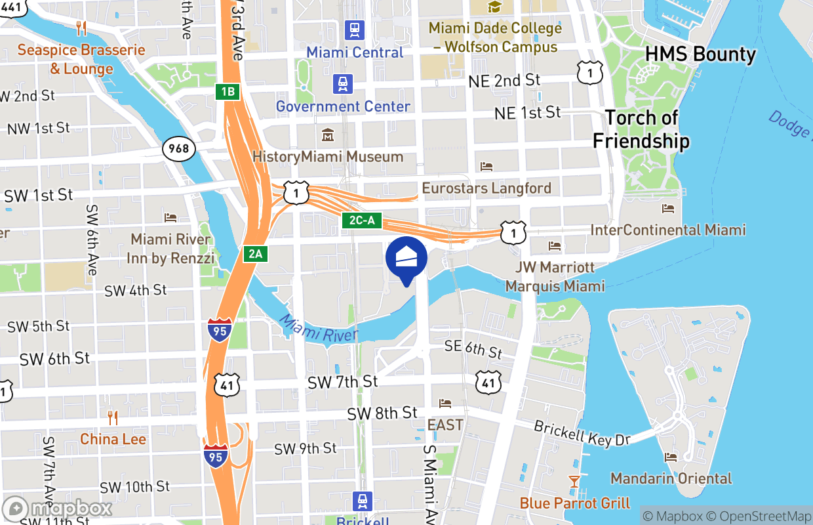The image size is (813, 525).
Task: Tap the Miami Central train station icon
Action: pyautogui.click(x=355, y=30)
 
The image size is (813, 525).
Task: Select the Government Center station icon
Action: pyautogui.click(x=342, y=84)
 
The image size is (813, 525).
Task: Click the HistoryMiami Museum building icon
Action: pyautogui.click(x=327, y=135)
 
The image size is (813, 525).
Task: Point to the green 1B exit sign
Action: pyautogui.click(x=228, y=92)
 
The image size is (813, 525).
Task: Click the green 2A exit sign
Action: pyautogui.click(x=255, y=253)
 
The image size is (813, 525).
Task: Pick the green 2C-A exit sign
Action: pyautogui.click(x=361, y=220)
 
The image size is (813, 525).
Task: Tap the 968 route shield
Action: pyautogui.click(x=178, y=148)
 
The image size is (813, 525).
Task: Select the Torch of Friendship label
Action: pyautogui.click(x=641, y=129)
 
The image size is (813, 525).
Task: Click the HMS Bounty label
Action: pyautogui.click(x=701, y=54)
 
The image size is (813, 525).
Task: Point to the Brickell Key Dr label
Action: pyautogui.click(x=582, y=434)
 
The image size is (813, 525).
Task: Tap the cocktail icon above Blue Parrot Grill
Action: pyautogui.click(x=574, y=482)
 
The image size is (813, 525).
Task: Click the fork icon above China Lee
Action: pyautogui.click(x=113, y=417)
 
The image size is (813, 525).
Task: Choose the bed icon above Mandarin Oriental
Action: pyautogui.click(x=670, y=457)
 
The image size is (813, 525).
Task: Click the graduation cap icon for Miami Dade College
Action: pyautogui.click(x=494, y=7)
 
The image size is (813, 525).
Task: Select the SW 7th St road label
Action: pyautogui.click(x=342, y=381)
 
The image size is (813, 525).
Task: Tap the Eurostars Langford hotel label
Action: pyautogui.click(x=486, y=188)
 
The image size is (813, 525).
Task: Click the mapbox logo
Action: pyautogui.click(x=58, y=509)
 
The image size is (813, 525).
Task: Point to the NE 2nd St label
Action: pyautogui.click(x=504, y=81)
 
